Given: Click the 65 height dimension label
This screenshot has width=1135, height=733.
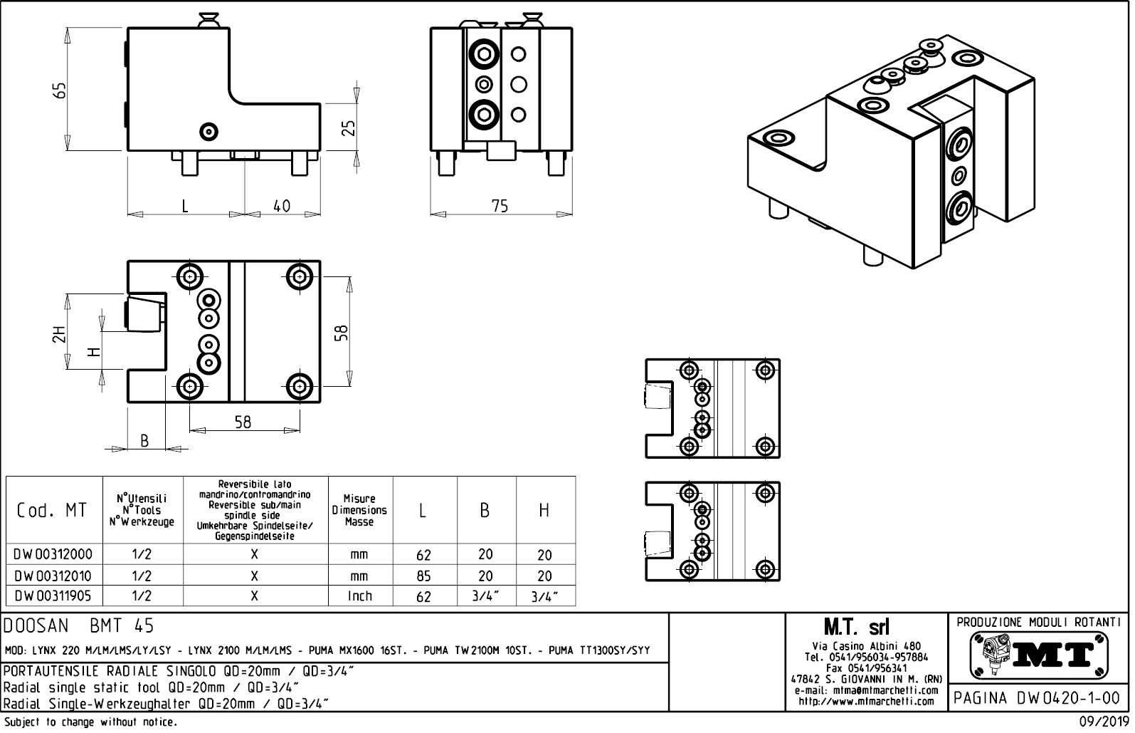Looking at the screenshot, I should tap(61, 90).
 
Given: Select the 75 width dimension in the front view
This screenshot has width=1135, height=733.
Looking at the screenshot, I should tap(500, 206).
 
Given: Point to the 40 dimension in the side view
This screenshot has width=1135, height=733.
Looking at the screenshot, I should tap(282, 206).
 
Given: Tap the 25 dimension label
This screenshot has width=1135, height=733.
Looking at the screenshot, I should tap(349, 128).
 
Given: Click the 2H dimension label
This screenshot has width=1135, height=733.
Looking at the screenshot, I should tap(59, 333).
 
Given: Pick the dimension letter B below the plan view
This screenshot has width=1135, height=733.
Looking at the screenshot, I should tap(144, 441).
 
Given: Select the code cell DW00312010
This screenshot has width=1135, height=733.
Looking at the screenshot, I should tap(53, 576).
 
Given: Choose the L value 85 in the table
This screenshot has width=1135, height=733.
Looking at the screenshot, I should tap(423, 576).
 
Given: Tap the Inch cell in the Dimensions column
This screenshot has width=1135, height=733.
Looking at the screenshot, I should tap(359, 596).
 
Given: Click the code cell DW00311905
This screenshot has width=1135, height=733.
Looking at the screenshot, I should tap(53, 596).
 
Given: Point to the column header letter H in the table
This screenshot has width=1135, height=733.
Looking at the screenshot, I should tap(544, 510).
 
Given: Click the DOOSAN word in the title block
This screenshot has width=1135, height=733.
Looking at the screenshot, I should tap(37, 626).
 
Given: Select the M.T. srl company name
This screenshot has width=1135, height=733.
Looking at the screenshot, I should tap(856, 628).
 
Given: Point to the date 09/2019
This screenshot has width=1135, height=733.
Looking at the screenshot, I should tap(1103, 722).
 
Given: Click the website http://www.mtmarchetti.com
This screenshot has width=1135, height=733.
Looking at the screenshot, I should tap(866, 701).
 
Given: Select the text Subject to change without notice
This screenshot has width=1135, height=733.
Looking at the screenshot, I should tap(90, 722).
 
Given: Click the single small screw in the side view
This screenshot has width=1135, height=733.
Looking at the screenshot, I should tap(208, 130).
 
